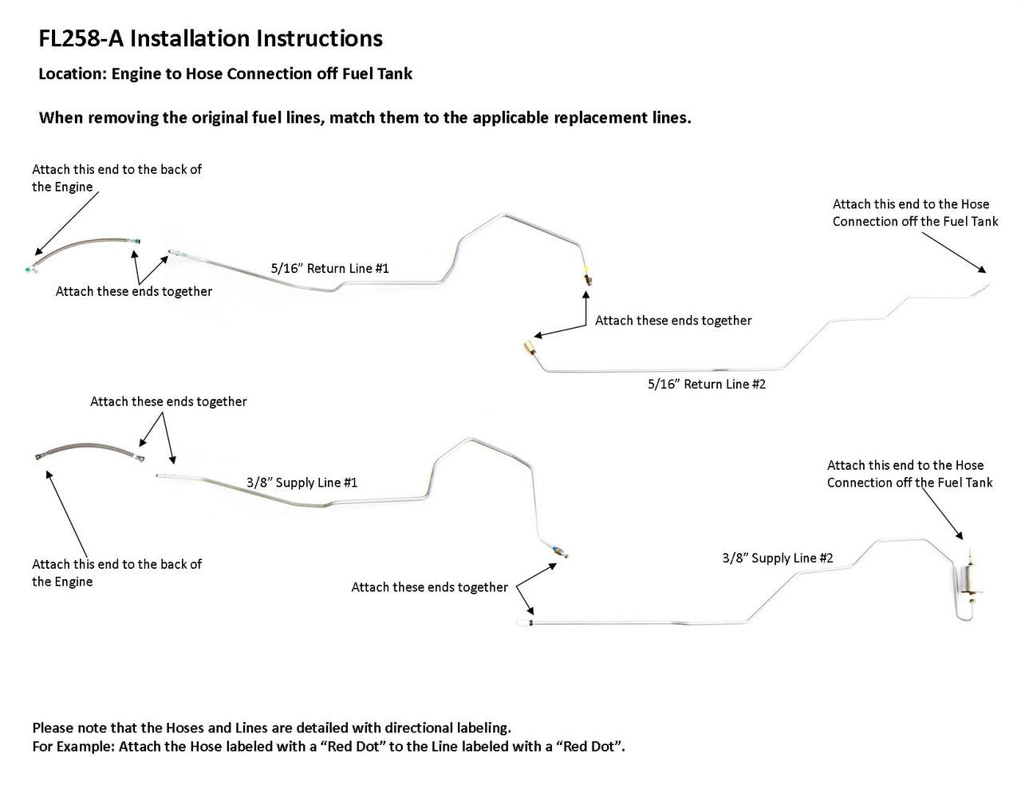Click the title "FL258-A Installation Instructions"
click(211, 38)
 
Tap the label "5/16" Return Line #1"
click(329, 268)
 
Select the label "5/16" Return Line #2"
click(706, 384)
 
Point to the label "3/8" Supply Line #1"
click(302, 483)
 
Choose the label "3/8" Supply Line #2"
click(778, 558)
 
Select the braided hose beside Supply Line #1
click(88, 452)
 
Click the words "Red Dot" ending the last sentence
click(595, 748)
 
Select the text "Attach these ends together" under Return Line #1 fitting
click(673, 321)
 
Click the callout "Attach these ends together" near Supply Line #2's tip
click(429, 587)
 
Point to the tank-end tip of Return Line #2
click(985, 286)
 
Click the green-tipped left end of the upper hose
click(29, 270)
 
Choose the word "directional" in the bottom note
click(420, 728)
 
